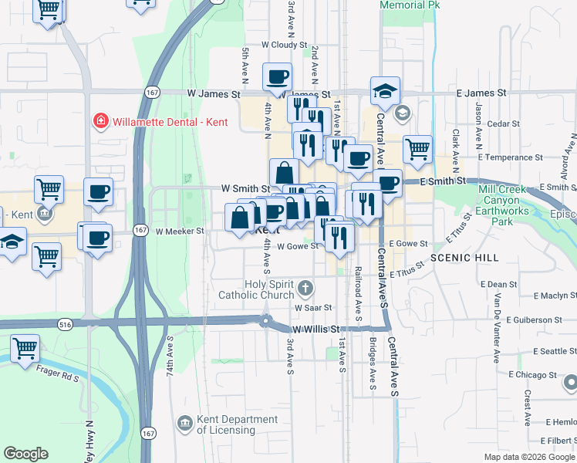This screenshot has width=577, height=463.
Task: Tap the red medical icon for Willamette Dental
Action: [100, 121]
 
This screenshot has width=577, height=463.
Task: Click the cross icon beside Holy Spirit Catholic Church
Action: [305, 289]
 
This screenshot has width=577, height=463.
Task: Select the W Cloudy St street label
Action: [285, 46]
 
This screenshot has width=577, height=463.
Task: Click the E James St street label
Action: [481, 93]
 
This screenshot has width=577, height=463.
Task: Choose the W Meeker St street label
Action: [179, 231]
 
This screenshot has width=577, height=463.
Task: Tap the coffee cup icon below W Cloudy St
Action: [277, 76]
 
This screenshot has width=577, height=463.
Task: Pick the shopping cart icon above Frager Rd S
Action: [25, 348]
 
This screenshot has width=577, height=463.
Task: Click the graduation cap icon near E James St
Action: [384, 91]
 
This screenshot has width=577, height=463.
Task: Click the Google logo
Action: [26, 454]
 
